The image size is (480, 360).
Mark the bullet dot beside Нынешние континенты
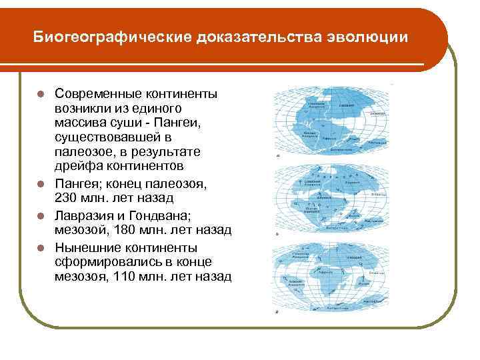[x=41, y=247]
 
